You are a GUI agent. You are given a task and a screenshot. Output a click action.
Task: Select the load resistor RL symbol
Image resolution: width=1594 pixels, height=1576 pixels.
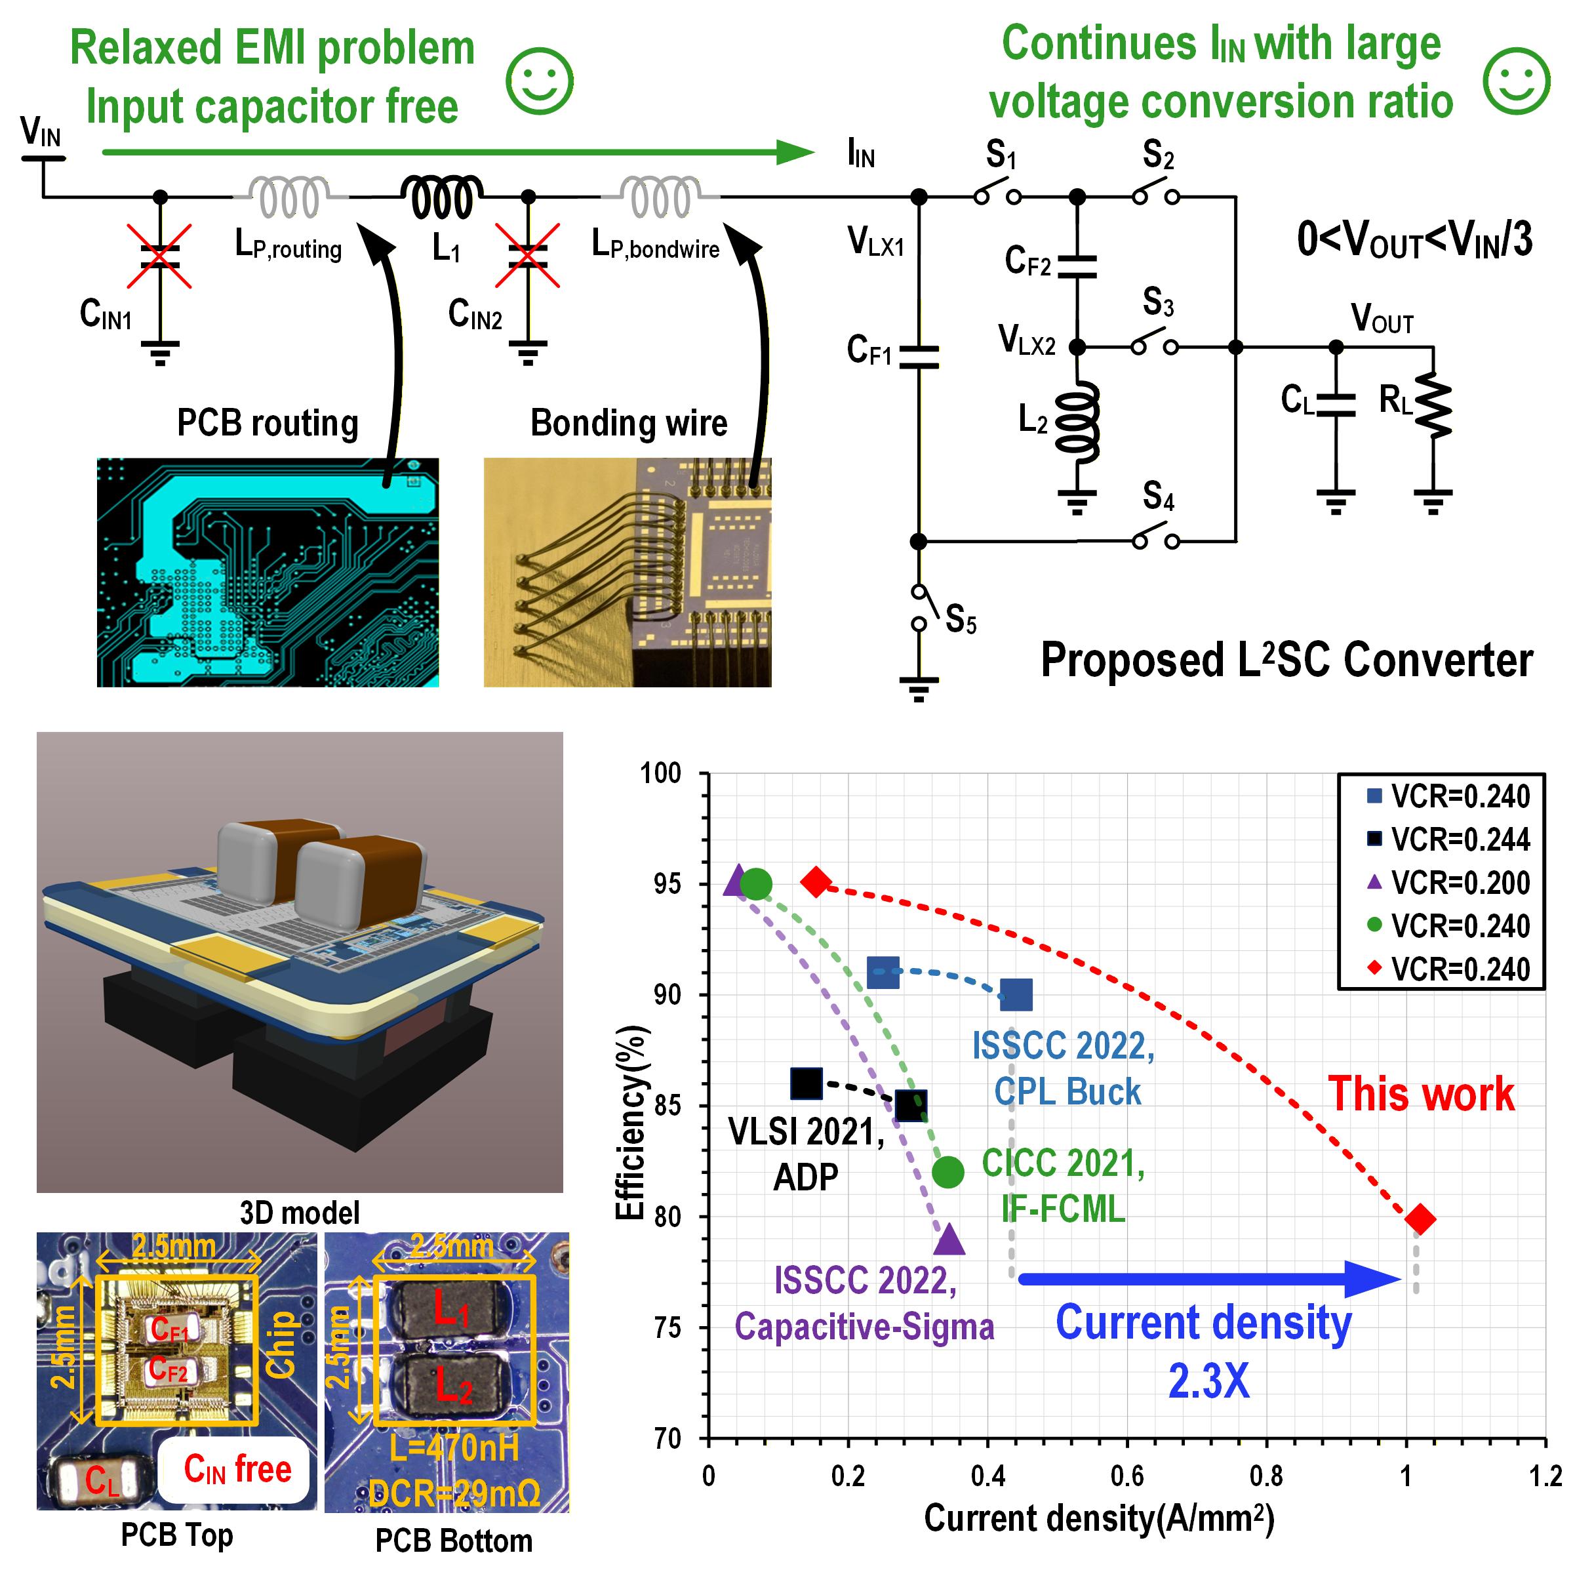click(1433, 404)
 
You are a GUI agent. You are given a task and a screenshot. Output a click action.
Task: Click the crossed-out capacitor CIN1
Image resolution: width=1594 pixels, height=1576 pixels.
click(161, 256)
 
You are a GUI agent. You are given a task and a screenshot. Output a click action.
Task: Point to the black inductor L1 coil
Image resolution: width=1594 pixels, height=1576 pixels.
click(441, 198)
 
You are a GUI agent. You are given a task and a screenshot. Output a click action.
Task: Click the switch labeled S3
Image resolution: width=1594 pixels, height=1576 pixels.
click(1153, 346)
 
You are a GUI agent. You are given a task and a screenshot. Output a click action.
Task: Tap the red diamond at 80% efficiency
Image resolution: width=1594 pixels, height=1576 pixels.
click(1419, 1219)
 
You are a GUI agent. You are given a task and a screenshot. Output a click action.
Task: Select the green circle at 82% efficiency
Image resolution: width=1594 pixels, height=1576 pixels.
click(948, 1172)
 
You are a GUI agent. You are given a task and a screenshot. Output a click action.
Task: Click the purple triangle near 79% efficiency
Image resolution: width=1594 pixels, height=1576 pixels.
click(949, 1240)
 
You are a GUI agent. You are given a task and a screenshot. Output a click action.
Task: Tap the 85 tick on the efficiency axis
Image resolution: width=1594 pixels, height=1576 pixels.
click(667, 1106)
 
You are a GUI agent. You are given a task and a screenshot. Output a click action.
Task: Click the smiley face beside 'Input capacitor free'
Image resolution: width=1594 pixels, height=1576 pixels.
click(539, 81)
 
